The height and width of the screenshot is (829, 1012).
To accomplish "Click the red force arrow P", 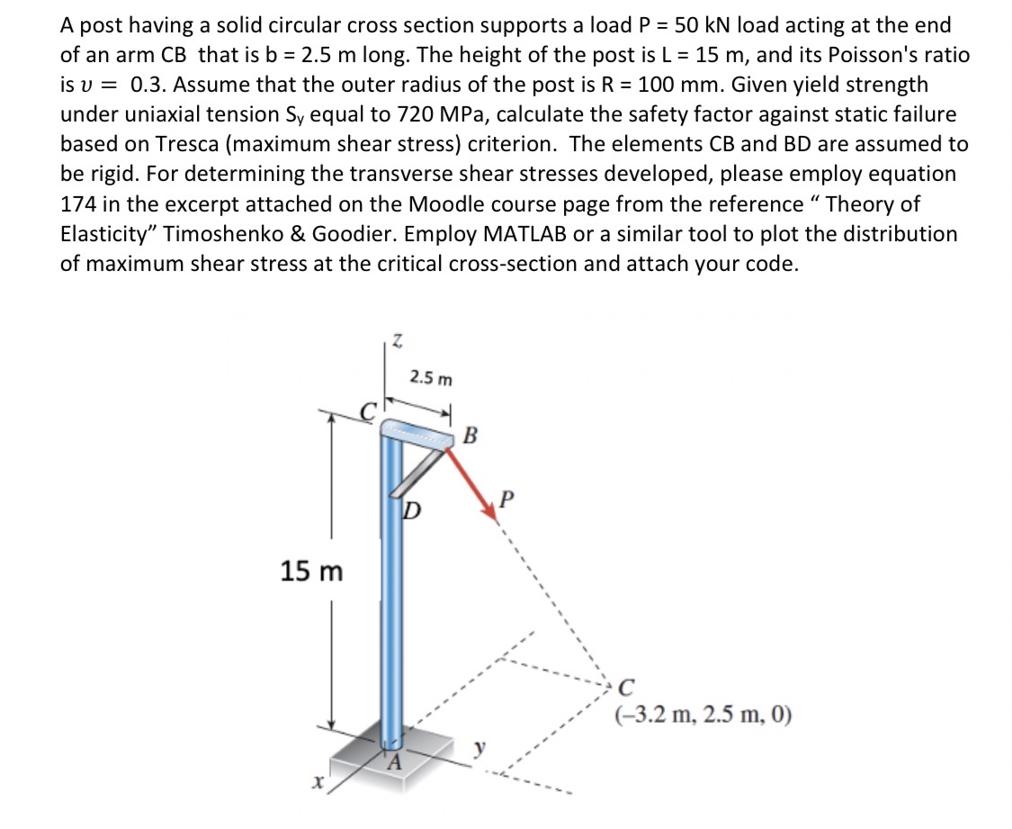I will (x=470, y=487).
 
